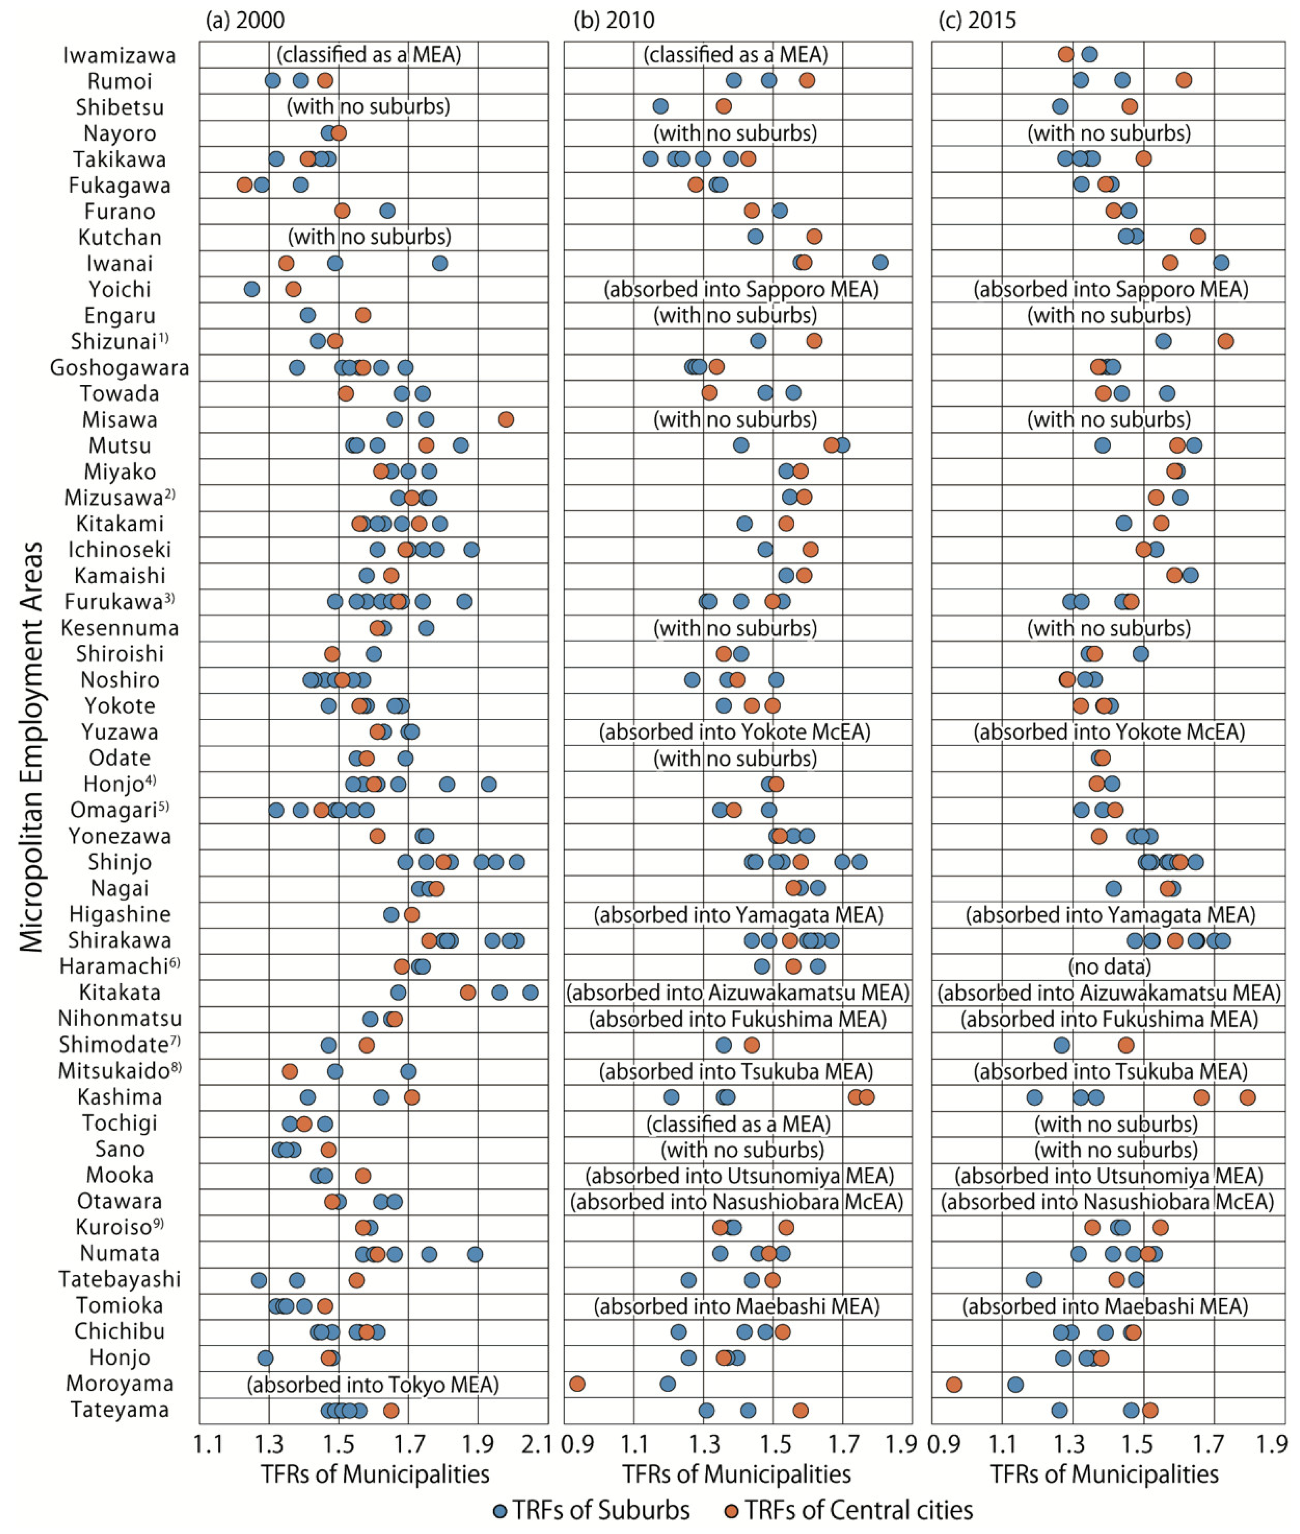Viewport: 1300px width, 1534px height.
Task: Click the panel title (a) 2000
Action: point(245,20)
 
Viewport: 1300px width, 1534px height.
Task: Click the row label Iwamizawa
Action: point(119,55)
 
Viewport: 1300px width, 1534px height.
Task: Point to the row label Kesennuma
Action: point(119,628)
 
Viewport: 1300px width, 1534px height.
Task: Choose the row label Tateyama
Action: point(119,1409)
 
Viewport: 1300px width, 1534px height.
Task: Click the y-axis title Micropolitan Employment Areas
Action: point(31,748)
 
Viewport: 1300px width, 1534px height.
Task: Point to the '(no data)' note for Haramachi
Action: point(1109,966)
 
